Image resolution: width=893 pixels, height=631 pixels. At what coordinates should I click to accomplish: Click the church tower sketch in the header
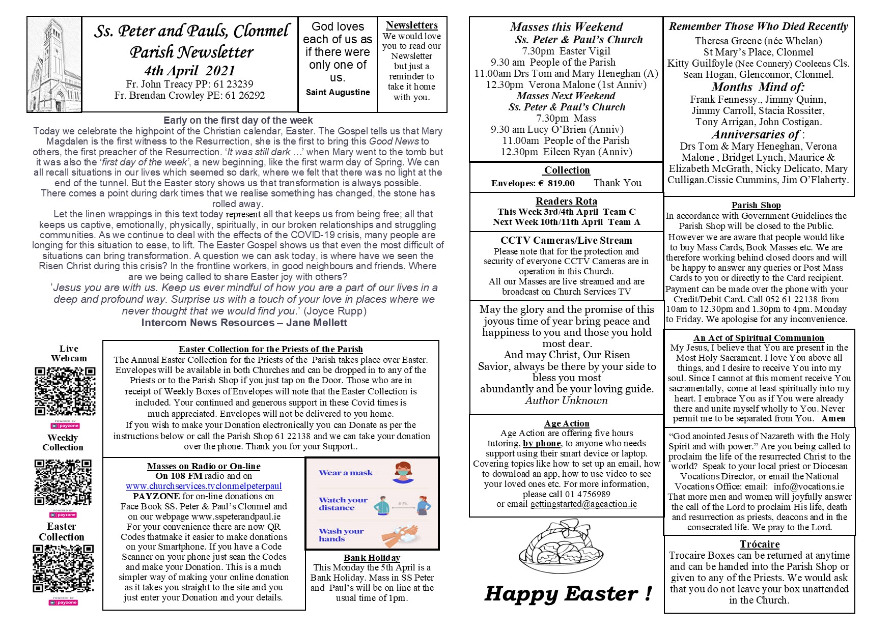[x=54, y=64]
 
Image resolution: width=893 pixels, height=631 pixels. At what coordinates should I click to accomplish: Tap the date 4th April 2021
[x=189, y=70]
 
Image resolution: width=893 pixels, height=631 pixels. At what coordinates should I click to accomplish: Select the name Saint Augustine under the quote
[x=338, y=92]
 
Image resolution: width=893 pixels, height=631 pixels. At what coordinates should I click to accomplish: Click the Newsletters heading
[x=411, y=25]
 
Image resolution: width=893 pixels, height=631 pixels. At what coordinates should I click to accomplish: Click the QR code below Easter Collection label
[x=63, y=569]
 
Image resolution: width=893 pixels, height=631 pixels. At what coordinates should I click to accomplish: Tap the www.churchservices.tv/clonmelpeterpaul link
[x=204, y=486]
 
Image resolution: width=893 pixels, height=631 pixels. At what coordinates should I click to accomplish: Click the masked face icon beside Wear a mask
[x=402, y=473]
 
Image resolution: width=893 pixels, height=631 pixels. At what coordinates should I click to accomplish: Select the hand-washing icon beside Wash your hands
[x=400, y=535]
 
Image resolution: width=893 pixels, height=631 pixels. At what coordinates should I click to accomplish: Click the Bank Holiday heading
[x=372, y=558]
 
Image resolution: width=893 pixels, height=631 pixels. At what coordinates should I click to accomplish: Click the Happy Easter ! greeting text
[x=568, y=593]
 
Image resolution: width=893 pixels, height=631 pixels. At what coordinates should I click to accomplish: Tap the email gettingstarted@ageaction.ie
[x=583, y=504]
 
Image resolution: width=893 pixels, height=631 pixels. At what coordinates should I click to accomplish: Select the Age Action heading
[x=567, y=423]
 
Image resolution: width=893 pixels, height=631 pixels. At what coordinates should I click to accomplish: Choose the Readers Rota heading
[x=566, y=201]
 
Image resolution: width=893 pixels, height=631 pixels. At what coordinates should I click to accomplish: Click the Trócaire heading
[x=760, y=544]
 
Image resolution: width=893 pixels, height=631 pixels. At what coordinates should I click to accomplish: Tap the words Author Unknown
[x=566, y=400]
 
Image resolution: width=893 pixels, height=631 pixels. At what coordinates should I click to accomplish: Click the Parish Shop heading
[x=756, y=205]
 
